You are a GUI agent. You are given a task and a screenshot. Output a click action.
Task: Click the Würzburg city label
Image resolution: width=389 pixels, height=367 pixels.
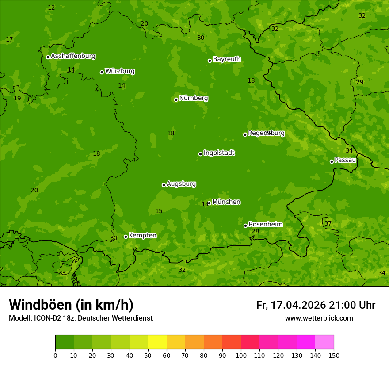click(x=120, y=71)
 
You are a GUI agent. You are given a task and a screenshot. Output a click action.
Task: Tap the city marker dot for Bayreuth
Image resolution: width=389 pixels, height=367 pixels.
click(x=210, y=61)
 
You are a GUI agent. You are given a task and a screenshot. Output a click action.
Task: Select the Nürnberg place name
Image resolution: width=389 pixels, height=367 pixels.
click(x=194, y=98)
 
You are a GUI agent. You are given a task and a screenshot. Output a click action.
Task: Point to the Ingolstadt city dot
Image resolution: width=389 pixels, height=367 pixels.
click(x=200, y=154)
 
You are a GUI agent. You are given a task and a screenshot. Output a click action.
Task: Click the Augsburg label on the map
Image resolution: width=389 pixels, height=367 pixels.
click(x=181, y=184)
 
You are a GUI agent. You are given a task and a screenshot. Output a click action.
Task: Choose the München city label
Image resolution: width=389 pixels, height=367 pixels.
click(x=226, y=202)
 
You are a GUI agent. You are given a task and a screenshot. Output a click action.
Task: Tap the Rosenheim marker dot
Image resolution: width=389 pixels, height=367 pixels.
click(x=245, y=226)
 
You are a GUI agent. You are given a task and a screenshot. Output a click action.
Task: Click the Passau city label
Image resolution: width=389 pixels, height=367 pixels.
click(x=345, y=160)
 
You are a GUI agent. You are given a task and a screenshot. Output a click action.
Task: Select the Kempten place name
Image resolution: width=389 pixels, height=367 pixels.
click(x=142, y=236)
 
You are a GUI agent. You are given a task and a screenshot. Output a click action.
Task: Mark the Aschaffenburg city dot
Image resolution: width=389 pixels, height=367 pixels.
click(x=48, y=57)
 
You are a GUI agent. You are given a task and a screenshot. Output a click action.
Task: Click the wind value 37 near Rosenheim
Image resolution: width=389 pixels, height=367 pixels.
click(x=328, y=224)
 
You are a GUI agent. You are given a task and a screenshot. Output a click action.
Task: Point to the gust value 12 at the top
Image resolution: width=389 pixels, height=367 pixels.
click(x=51, y=8)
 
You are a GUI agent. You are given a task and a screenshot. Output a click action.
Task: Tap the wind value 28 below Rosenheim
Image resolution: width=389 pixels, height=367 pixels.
click(x=255, y=232)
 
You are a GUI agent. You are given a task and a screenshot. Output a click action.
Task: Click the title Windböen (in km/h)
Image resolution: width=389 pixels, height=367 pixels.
click(x=71, y=305)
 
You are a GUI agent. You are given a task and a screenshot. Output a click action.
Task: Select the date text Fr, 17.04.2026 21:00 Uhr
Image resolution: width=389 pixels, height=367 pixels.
click(x=316, y=305)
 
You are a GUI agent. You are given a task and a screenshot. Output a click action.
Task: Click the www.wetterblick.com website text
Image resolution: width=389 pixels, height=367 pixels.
click(x=319, y=318)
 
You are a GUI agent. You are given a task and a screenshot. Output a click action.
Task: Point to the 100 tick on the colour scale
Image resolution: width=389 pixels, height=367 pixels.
click(x=241, y=355)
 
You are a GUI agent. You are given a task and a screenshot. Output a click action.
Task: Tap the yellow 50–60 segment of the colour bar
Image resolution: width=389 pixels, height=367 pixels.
click(x=157, y=342)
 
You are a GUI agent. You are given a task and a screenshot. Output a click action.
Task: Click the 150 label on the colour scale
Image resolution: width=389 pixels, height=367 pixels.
click(x=334, y=355)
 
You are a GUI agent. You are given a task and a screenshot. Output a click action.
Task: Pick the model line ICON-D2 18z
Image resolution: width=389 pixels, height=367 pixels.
click(x=80, y=318)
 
